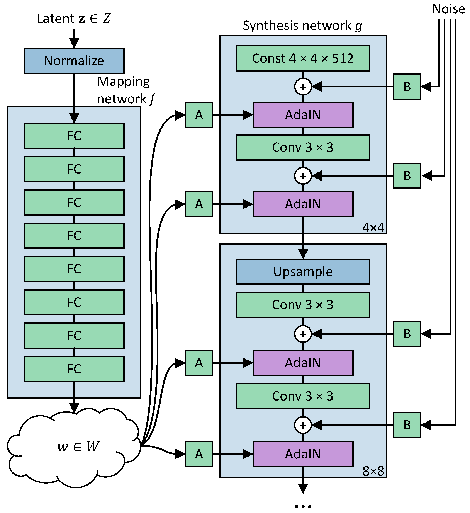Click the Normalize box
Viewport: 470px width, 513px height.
tap(74, 61)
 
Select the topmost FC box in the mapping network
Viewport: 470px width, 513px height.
tap(74, 136)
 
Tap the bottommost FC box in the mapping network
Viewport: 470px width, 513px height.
tap(74, 369)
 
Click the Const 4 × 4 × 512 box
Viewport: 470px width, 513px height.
tap(303, 58)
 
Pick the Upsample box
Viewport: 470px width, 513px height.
tap(303, 271)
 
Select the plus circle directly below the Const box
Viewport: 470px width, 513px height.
tap(303, 87)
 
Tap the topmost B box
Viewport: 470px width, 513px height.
tap(407, 87)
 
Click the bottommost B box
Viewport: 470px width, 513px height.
tap(407, 425)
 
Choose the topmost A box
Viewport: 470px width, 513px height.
tap(199, 115)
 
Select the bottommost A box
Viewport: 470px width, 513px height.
tap(199, 454)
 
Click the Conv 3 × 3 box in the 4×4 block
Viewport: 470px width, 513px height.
tap(303, 147)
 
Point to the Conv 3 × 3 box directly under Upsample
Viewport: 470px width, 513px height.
tap(303, 305)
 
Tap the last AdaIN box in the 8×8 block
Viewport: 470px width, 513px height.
tap(303, 454)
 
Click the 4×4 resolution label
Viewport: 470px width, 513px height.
tap(373, 227)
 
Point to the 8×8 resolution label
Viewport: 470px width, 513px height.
tap(373, 471)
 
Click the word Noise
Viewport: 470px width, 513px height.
tap(449, 9)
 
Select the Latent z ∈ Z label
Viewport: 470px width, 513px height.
tap(74, 19)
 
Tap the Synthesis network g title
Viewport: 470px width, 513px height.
tap(302, 26)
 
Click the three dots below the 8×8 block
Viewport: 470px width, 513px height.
tap(303, 506)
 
